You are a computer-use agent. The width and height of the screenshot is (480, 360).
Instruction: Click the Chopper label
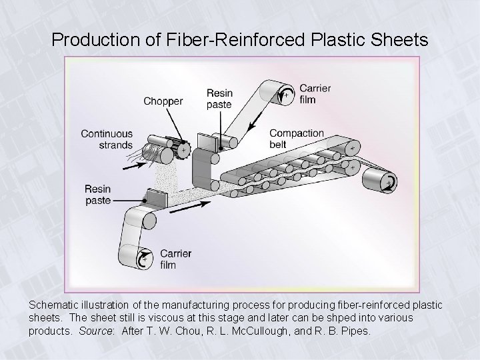163,101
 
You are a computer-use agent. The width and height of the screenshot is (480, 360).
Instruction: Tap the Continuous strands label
107,139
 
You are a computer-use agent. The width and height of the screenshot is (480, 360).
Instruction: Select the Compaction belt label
297,138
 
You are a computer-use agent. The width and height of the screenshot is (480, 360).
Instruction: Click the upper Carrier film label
315,94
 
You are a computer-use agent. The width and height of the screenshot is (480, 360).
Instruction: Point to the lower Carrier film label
176,259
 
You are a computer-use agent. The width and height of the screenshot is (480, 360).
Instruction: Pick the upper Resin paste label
219,99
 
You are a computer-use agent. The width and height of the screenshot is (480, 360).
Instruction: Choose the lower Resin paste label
97,193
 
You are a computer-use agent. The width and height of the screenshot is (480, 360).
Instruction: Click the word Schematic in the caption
55,304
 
